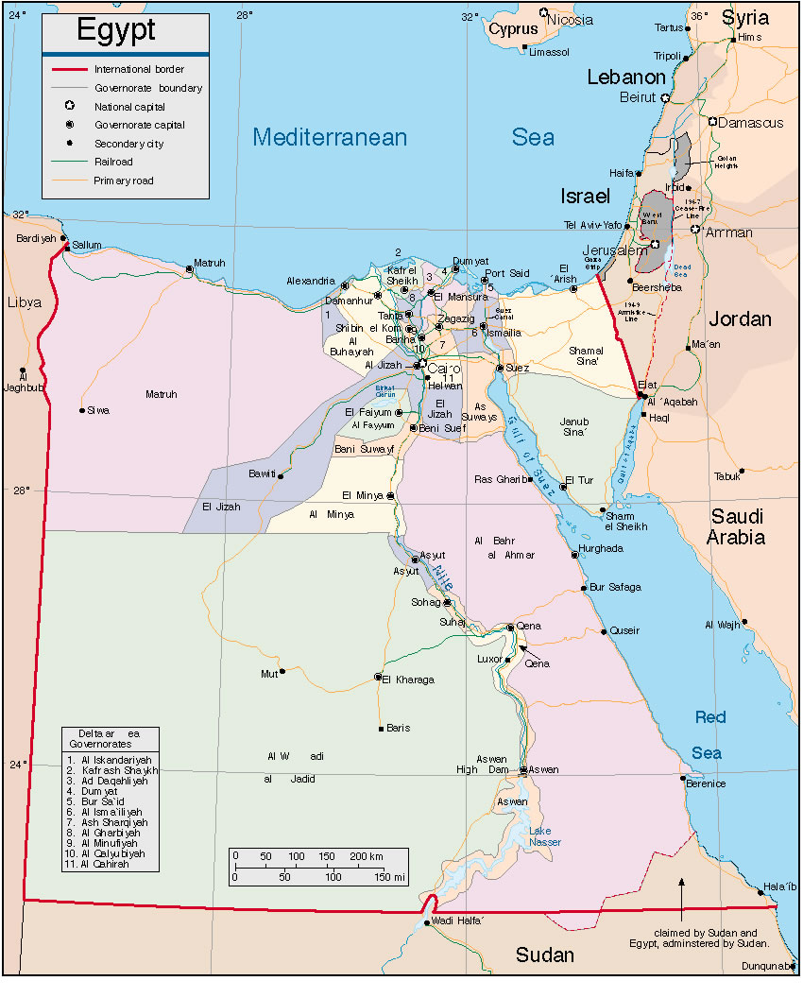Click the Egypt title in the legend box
point(115,30)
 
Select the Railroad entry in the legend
point(113,162)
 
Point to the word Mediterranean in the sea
point(330,137)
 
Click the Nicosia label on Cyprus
point(572,20)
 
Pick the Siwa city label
point(98,410)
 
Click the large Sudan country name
point(545,955)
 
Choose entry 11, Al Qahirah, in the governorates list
point(98,864)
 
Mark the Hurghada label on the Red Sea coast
point(601,548)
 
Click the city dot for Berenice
point(683,778)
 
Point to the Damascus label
point(751,123)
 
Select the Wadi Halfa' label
point(459,922)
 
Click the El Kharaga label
point(410,680)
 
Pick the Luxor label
point(490,659)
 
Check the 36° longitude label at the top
point(699,16)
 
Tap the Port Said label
point(508,273)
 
